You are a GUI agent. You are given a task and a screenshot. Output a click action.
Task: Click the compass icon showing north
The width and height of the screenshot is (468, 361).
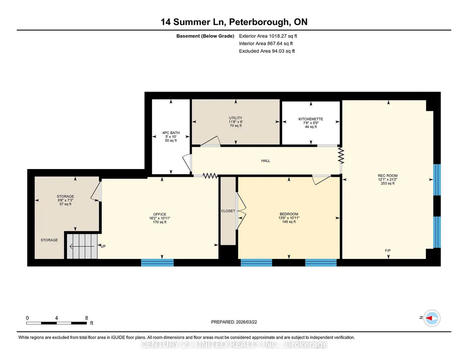tap(432, 318)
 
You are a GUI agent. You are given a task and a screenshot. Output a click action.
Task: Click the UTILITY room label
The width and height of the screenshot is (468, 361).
tap(236, 118)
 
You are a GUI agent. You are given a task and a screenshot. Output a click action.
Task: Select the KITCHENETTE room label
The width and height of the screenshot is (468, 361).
tap(311, 119)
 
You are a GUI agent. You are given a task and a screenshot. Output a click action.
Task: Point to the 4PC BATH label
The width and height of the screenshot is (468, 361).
tap(171, 133)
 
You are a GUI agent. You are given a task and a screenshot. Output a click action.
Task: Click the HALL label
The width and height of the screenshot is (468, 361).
tap(266, 161)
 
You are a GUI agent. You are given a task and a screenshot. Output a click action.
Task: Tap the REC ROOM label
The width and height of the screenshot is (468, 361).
tap(388, 176)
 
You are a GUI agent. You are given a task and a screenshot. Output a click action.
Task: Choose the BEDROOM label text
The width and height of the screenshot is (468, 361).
tap(289, 214)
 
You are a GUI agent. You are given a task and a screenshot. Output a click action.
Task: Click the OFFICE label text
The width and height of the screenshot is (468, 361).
tap(160, 214)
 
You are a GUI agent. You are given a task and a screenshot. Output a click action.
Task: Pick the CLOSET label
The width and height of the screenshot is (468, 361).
tap(228, 211)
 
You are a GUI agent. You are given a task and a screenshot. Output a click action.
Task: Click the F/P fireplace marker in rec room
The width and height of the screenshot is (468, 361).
tap(388, 251)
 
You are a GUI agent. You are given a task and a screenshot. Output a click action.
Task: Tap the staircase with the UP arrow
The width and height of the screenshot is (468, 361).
tap(82, 246)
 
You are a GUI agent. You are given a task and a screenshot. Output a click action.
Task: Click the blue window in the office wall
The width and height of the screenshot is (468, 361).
tap(157, 263)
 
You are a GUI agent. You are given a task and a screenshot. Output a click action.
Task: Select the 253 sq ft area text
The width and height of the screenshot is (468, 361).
tap(388, 184)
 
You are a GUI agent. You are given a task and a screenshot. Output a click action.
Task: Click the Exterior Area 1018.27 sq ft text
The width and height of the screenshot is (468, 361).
tap(268, 36)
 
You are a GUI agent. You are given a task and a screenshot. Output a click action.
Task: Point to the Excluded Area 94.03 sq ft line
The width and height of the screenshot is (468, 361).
tap(267, 51)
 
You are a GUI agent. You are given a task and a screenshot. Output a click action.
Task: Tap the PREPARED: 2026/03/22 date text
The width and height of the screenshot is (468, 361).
tap(234, 322)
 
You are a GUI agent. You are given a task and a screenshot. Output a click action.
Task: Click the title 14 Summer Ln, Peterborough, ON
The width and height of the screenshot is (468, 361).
tap(234, 22)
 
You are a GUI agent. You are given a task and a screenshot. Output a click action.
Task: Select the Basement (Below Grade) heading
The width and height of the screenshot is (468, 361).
tap(205, 36)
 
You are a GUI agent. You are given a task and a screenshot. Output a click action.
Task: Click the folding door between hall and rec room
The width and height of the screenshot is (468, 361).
tap(341, 155)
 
